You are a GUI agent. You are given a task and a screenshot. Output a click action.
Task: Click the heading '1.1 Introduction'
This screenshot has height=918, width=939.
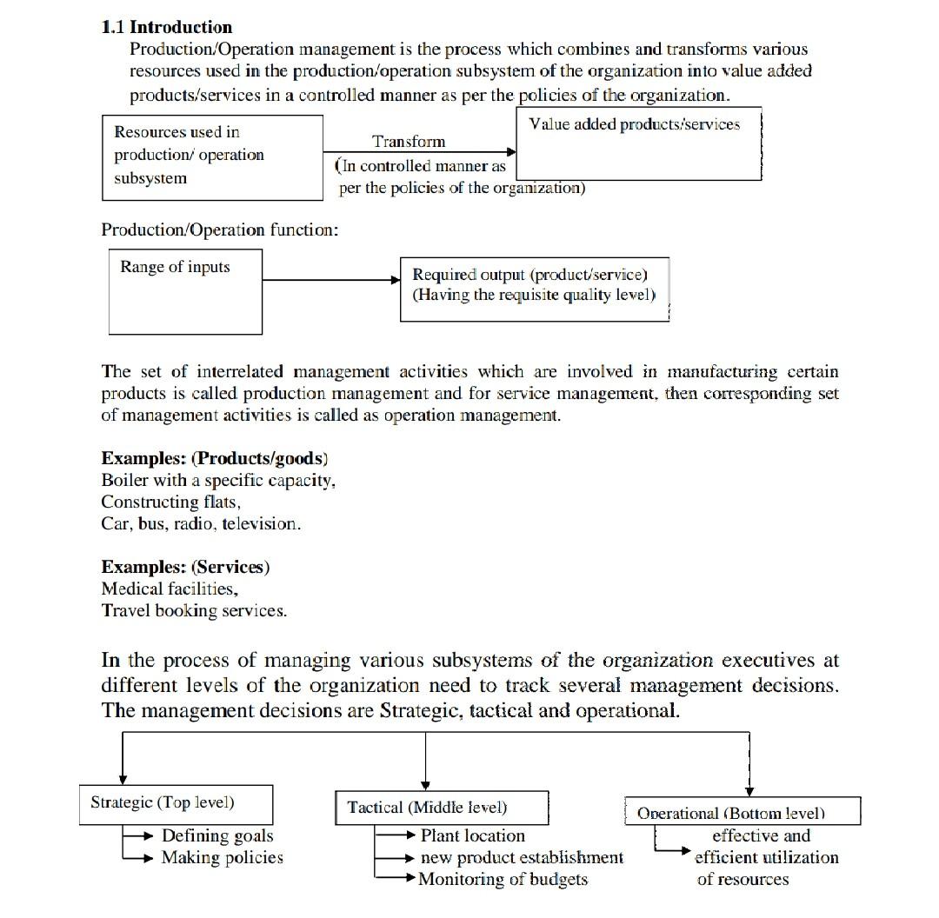tap(167, 27)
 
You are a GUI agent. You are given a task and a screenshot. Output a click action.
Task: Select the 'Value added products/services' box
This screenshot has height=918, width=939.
tap(639, 143)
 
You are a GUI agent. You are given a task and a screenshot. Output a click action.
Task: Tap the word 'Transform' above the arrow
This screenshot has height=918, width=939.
tap(409, 142)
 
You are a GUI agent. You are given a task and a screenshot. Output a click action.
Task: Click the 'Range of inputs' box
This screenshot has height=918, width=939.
tap(185, 291)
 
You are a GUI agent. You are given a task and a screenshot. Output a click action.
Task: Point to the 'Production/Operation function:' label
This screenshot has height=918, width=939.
tap(220, 230)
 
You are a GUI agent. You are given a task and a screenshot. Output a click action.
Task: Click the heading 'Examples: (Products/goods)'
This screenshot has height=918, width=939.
tap(215, 459)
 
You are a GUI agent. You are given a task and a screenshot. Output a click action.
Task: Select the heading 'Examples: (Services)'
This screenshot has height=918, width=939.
tap(185, 568)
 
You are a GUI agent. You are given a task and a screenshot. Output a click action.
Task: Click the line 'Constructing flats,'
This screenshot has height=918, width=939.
tap(170, 502)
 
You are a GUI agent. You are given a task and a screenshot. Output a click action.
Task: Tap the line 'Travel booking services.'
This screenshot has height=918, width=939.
tap(194, 611)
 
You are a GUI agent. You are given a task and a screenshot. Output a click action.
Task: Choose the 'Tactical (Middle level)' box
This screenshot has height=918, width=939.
tap(442, 808)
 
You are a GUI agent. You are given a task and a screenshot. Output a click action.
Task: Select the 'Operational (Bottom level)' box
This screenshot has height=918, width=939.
tap(743, 813)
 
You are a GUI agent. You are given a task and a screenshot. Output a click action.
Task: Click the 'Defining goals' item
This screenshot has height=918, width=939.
tap(217, 836)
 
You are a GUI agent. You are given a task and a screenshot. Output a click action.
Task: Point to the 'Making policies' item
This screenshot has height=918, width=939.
tap(223, 858)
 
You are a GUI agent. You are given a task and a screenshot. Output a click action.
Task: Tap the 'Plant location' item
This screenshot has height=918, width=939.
tap(472, 836)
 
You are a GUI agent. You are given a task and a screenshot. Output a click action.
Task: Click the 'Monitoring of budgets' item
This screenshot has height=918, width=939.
tap(503, 880)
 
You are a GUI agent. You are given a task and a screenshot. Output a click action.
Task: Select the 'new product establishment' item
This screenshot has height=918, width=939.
tap(522, 858)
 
